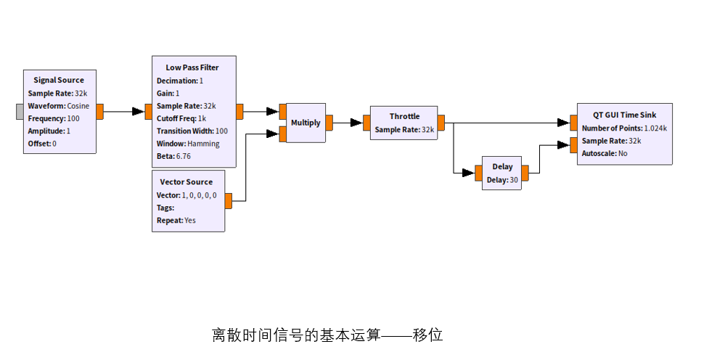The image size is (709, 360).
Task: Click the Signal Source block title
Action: pos(59,80)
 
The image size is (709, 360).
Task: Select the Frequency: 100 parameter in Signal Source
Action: pos(54,118)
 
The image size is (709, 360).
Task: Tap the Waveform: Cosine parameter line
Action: pos(59,106)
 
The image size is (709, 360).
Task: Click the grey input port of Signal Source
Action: pos(20,111)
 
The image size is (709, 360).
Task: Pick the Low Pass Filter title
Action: pos(192,67)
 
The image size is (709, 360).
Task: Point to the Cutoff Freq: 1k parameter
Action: pos(181,118)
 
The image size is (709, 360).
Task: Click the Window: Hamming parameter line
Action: pos(188,144)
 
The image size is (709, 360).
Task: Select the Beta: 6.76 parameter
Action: pos(173,156)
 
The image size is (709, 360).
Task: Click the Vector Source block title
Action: pos(187,181)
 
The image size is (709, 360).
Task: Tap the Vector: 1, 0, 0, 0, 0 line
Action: pos(187,195)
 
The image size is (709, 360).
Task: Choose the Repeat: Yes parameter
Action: pos(176,220)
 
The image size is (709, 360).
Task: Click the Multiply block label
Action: pos(306,123)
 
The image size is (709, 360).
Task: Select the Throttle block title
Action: pos(404,116)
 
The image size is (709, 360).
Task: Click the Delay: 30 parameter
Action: pos(501,180)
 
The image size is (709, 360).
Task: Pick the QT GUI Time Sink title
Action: pos(624,115)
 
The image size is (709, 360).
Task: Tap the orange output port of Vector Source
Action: pos(229,201)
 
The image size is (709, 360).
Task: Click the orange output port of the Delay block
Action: pos(525,172)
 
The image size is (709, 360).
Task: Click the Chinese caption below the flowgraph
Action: pos(327,335)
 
